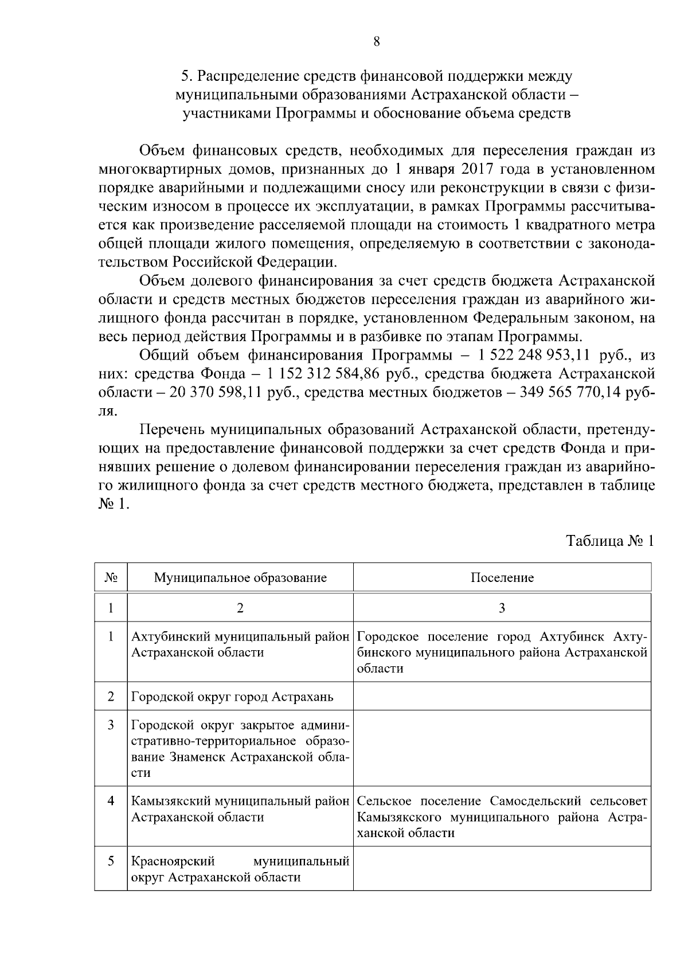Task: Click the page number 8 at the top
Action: [376, 41]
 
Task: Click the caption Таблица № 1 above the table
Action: [609, 541]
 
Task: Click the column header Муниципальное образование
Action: [240, 577]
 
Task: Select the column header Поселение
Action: [502, 577]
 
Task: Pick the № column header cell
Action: [111, 577]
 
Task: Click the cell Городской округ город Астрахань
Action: [232, 697]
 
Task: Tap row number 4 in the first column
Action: [111, 800]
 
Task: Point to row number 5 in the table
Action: [111, 861]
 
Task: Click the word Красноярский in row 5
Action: [173, 861]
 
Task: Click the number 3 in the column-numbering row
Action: [502, 608]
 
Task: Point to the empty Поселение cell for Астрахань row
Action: [502, 697]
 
